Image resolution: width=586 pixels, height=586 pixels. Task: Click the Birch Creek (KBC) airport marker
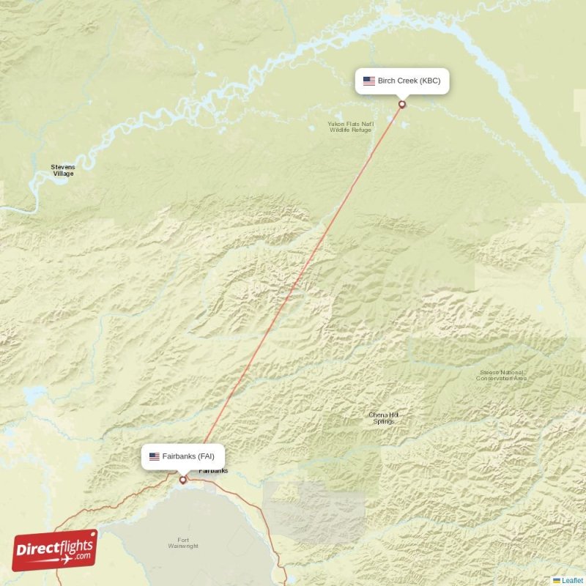point(401,105)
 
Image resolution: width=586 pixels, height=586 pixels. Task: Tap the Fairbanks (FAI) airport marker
point(183,481)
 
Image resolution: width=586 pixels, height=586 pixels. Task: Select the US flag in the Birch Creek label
point(368,81)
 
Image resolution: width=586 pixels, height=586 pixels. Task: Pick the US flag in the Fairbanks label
point(154,456)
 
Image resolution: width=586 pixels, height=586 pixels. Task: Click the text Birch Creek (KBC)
point(409,81)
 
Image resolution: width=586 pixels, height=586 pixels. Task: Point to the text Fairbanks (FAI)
point(189,456)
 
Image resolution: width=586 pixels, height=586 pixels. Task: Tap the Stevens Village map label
point(63,170)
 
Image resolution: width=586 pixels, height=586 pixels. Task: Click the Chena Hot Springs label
point(384,418)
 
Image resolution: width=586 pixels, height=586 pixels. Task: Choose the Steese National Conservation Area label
point(501,375)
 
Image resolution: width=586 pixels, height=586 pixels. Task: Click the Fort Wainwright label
point(182,542)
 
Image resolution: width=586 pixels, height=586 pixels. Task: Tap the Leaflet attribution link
point(572,580)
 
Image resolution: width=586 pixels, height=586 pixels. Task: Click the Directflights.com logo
point(55,550)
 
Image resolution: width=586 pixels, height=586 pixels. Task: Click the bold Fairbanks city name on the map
point(213,470)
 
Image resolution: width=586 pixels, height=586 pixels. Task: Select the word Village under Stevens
point(63,174)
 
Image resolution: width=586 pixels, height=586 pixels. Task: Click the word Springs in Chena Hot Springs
point(384,422)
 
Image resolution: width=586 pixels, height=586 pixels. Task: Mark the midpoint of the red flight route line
point(292,293)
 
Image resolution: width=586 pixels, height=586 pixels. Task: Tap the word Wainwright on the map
point(182,546)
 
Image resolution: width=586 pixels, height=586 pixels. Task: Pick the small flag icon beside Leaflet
point(557,580)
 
